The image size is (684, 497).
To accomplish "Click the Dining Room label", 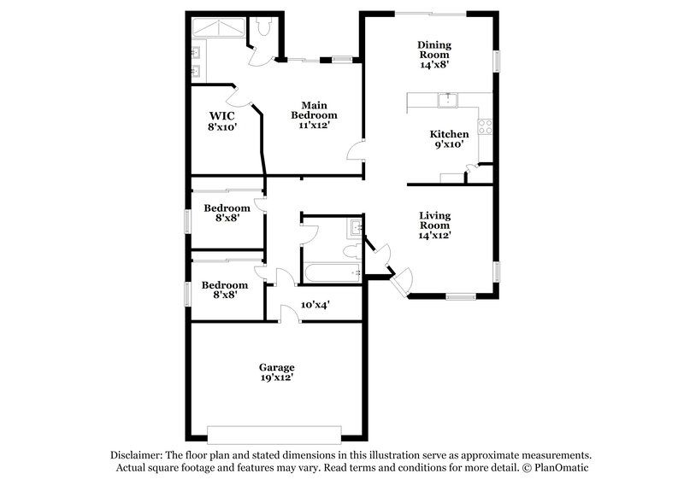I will pos(433,45).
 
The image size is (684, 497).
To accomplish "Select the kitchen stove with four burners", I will pos(485,127).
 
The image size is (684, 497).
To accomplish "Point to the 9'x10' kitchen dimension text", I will pos(449,145).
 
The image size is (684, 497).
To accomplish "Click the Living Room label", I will pos(434,219).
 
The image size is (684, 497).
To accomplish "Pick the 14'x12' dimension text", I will pos(434,235).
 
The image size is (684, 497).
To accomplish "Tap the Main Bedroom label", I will pos(314,109).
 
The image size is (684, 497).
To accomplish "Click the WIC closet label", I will pos(222,115).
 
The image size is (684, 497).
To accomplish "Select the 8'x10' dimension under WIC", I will pos(222,126).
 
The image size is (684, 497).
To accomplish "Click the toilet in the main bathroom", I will pos(264,29).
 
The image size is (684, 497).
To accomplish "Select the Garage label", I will pos(277,367).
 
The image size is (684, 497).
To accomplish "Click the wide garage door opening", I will pos(275,430).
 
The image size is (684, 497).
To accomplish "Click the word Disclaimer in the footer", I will pos(136,455).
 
